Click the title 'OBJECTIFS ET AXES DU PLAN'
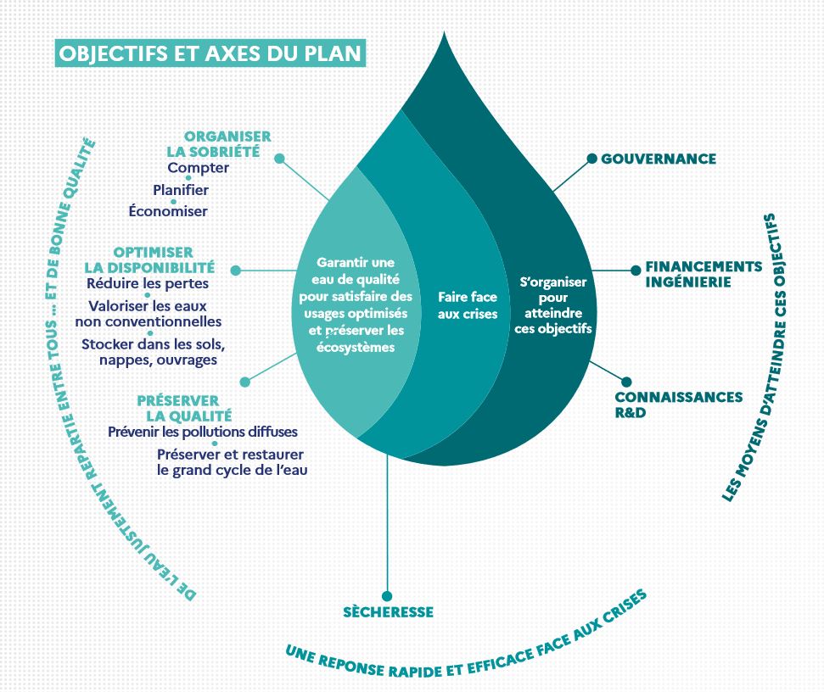tap(210, 53)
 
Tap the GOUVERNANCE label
tap(659, 159)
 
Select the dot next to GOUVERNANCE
tap(591, 158)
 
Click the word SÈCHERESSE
tap(388, 611)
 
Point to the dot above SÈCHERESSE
tap(387, 596)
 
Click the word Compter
tap(198, 168)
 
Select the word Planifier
tap(181, 190)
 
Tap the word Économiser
tap(168, 211)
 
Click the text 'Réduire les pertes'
tap(148, 283)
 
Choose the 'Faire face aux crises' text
tap(468, 305)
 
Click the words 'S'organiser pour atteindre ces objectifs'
tap(553, 305)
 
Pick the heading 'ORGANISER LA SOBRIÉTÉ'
tap(219, 144)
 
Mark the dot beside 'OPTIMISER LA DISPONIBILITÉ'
tap(236, 271)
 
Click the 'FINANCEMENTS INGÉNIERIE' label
tap(703, 274)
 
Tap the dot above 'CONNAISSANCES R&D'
tap(626, 382)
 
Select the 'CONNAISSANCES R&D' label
tap(678, 405)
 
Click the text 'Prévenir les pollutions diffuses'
tap(203, 432)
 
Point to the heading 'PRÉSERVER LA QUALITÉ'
tap(184, 408)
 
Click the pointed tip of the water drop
tap(445, 32)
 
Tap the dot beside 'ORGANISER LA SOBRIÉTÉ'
tap(279, 159)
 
